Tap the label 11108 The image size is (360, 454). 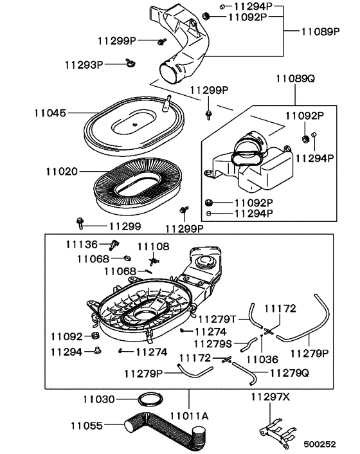coord(152,247)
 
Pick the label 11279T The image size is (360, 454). coord(217,319)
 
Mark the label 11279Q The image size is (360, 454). coord(289,372)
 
